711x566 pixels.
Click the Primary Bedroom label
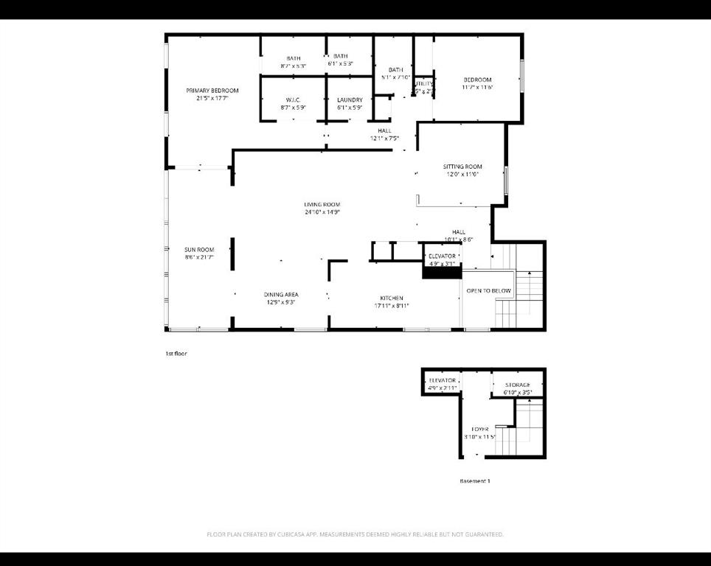(x=212, y=91)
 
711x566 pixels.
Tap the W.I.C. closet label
(x=294, y=100)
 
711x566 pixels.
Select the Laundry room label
(x=350, y=100)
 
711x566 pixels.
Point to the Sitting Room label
(x=462, y=167)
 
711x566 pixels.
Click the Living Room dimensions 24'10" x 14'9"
(x=322, y=212)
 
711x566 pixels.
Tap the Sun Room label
(x=199, y=250)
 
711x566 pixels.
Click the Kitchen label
(x=391, y=298)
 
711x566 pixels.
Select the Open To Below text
(x=488, y=291)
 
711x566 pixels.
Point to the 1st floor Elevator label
(x=443, y=256)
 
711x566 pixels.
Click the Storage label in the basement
(x=518, y=385)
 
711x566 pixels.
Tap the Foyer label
(x=480, y=429)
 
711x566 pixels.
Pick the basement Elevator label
(x=443, y=380)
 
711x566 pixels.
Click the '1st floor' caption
(x=176, y=354)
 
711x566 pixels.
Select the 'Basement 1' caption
(x=474, y=481)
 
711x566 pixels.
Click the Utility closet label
(x=423, y=84)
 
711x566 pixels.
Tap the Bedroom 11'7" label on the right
(x=477, y=80)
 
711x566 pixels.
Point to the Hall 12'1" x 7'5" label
(x=384, y=130)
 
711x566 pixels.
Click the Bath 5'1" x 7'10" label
(x=396, y=70)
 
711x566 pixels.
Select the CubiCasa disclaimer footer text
(x=355, y=534)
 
